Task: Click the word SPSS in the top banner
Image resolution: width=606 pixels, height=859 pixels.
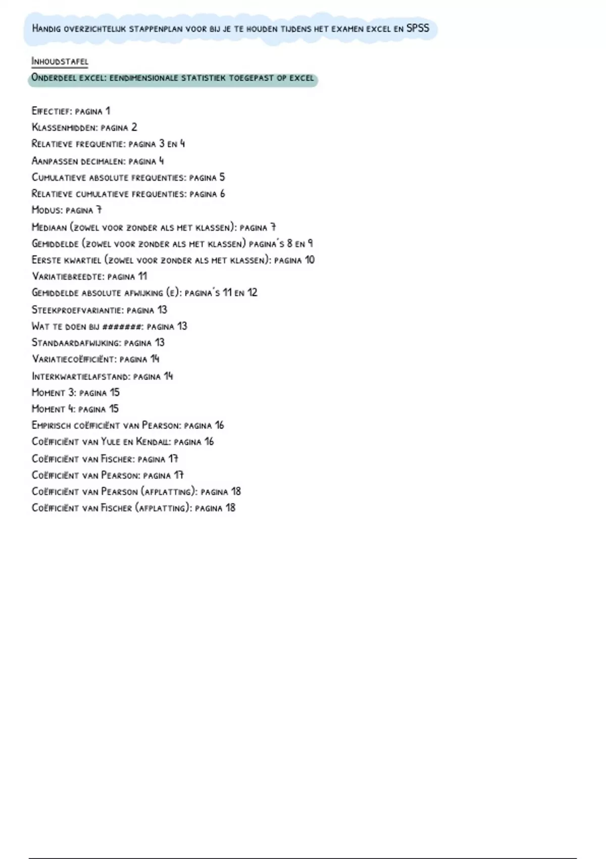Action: [418, 28]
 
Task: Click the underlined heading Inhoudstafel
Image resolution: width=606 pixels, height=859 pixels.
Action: [60, 62]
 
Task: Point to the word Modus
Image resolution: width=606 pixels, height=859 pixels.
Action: [46, 210]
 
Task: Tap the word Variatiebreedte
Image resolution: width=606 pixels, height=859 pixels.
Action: [68, 276]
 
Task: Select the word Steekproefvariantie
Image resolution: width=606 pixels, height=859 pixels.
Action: [77, 310]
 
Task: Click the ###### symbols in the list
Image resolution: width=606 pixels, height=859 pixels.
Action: [122, 326]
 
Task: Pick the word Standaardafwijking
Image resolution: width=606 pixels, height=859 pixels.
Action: [76, 343]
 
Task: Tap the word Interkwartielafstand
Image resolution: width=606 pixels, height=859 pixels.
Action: [81, 376]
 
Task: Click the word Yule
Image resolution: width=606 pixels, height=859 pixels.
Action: [111, 442]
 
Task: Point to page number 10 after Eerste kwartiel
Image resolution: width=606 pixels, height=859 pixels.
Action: [309, 260]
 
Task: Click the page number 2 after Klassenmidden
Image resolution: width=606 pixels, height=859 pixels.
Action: [134, 127]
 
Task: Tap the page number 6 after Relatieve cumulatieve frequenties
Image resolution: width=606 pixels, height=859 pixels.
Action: [222, 194]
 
